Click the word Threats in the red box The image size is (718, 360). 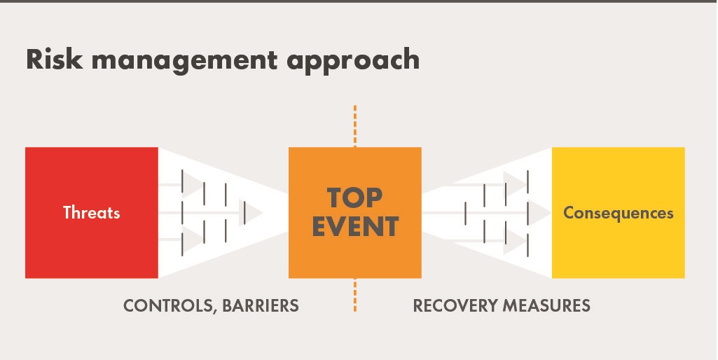(92, 212)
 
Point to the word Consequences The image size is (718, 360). (618, 212)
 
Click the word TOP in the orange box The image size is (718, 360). (355, 198)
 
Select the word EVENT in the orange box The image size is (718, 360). (355, 227)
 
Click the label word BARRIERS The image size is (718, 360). (262, 306)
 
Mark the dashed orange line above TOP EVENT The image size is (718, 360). (355, 126)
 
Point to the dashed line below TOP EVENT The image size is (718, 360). (355, 294)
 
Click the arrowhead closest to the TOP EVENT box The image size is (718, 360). (254, 212)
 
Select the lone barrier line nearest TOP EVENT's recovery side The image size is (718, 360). (465, 213)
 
